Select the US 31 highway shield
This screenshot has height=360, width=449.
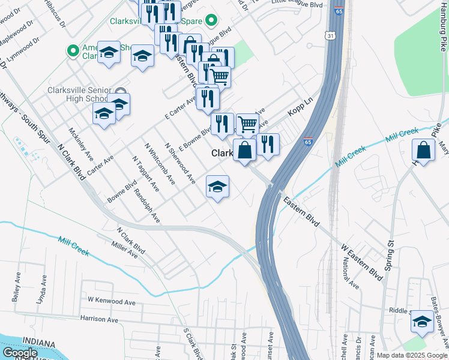click(x=330, y=37)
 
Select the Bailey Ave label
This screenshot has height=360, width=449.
click(x=16, y=289)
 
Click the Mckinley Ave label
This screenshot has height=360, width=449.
click(x=80, y=145)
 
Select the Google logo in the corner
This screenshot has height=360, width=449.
click(x=20, y=353)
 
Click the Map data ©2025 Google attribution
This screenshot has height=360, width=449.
click(x=412, y=355)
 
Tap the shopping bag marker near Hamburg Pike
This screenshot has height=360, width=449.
click(x=424, y=152)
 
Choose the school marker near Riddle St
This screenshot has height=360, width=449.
click(x=422, y=322)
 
